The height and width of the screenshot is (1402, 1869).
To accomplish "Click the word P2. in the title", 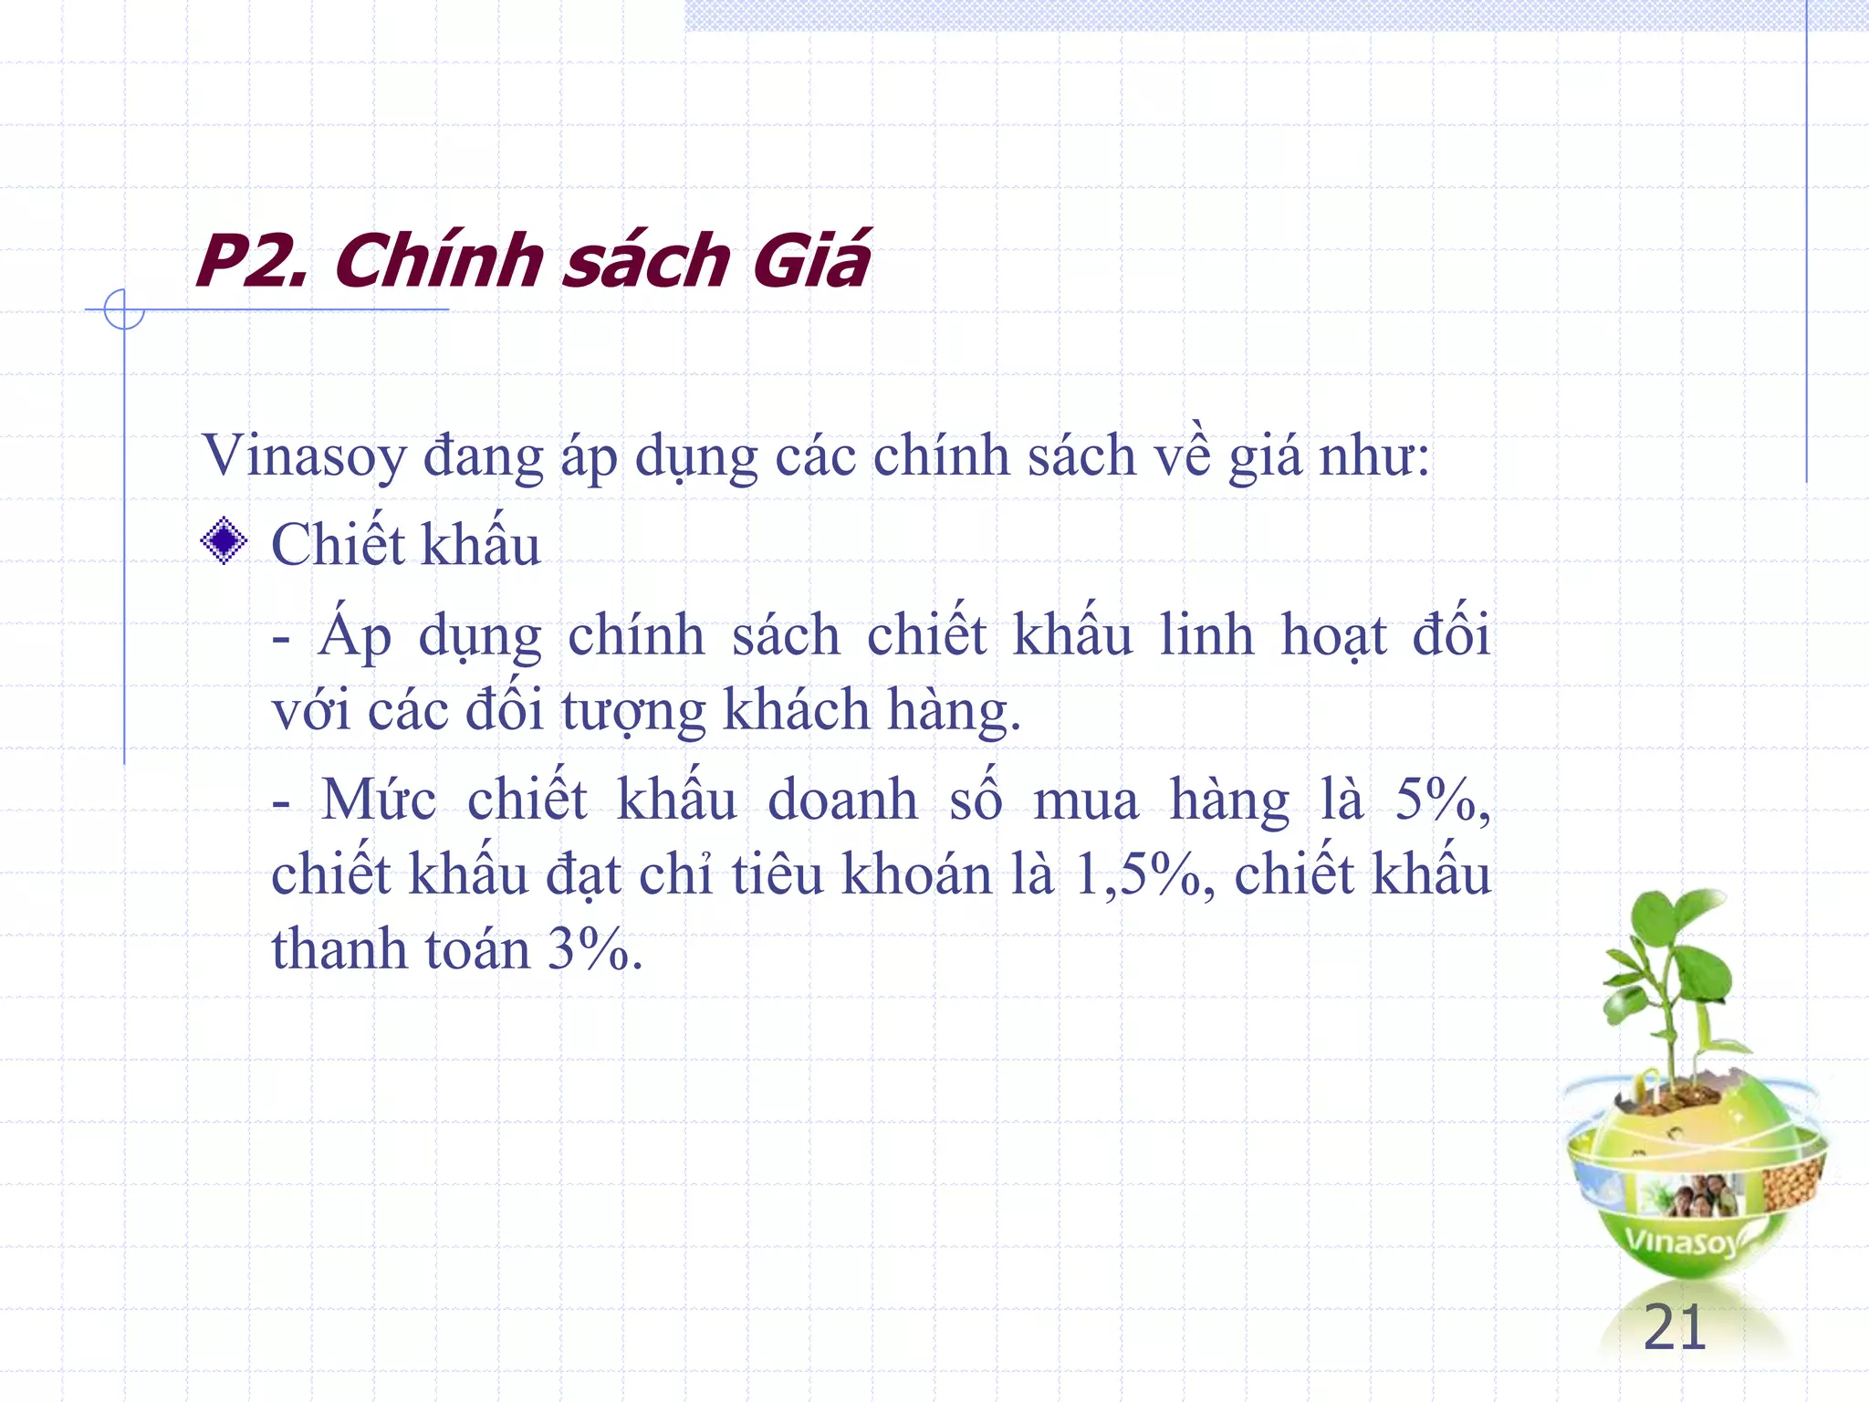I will pos(252,262).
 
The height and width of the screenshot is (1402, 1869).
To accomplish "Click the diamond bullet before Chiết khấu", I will pos(224,541).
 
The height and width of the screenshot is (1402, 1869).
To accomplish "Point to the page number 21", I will pos(1674,1328).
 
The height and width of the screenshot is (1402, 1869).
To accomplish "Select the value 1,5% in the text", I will pos(1144,874).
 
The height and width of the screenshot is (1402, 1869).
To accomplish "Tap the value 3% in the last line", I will pos(593,949).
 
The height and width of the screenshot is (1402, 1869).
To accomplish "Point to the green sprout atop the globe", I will pos(1669,986).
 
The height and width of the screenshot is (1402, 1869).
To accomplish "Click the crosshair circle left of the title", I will pos(124,309).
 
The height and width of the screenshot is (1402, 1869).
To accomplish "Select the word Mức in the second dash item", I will pos(379,800).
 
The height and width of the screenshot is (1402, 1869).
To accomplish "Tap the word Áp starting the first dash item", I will pos(355,635).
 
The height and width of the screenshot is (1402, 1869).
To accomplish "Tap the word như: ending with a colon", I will pos(1374,456).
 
